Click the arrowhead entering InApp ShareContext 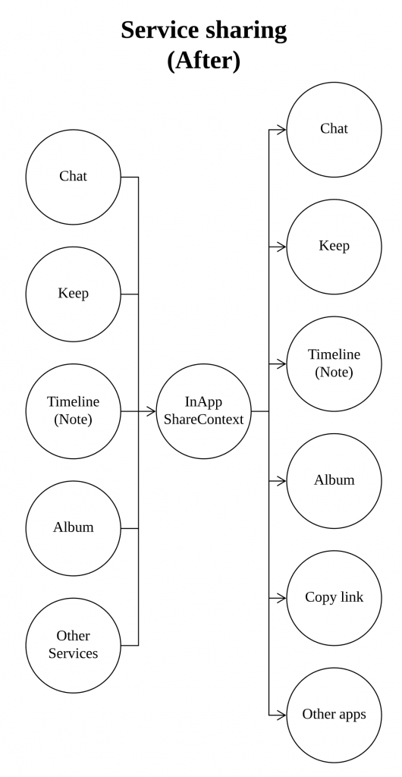(152, 411)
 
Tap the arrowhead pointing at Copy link (281, 598)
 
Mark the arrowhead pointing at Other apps (281, 715)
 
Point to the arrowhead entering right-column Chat (281, 130)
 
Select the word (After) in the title (203, 61)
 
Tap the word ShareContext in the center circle (204, 420)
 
